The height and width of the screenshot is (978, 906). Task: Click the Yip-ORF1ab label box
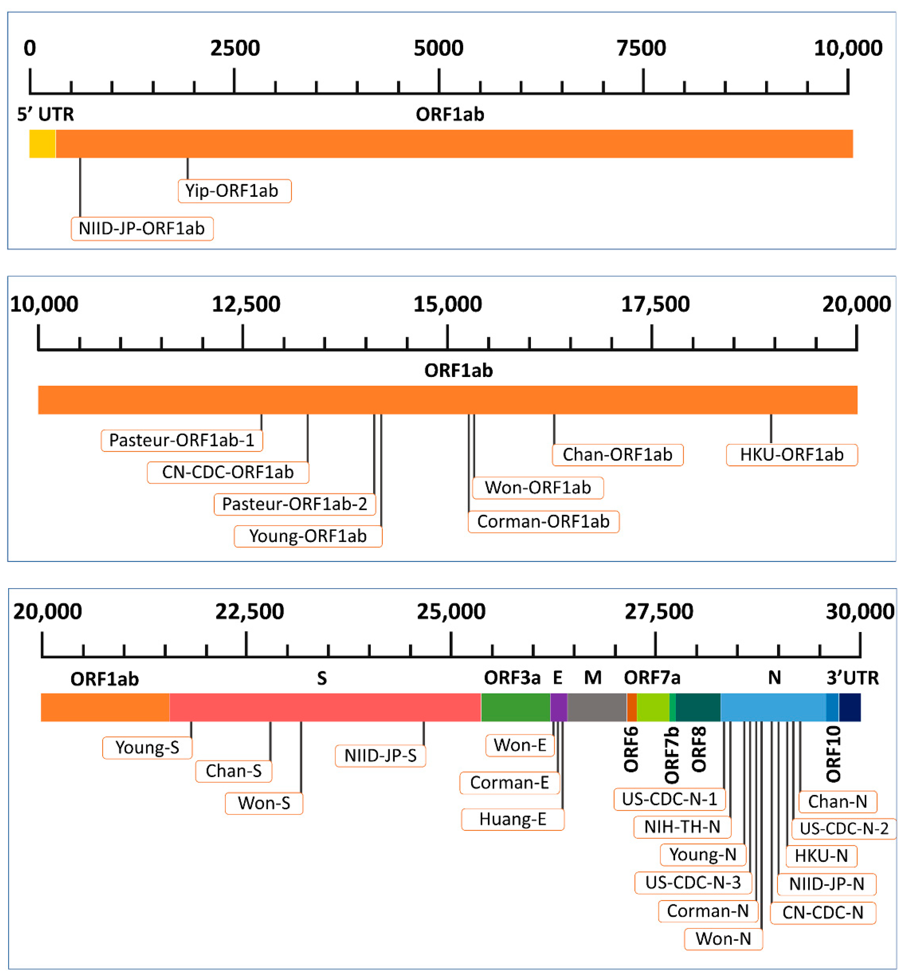[234, 191]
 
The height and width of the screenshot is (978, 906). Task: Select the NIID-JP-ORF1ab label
[142, 228]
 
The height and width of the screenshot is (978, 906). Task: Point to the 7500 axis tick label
[641, 48]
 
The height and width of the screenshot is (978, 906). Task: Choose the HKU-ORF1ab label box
[791, 455]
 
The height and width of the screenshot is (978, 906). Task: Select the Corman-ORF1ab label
[543, 521]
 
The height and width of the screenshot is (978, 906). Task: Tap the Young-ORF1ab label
[308, 536]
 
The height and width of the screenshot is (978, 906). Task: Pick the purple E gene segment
[558, 707]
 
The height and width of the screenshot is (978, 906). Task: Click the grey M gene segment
[597, 707]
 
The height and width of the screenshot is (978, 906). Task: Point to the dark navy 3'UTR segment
[850, 707]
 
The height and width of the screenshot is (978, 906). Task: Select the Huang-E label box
[513, 819]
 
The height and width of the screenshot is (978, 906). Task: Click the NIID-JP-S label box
[380, 755]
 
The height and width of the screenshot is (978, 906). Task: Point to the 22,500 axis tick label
[250, 612]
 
